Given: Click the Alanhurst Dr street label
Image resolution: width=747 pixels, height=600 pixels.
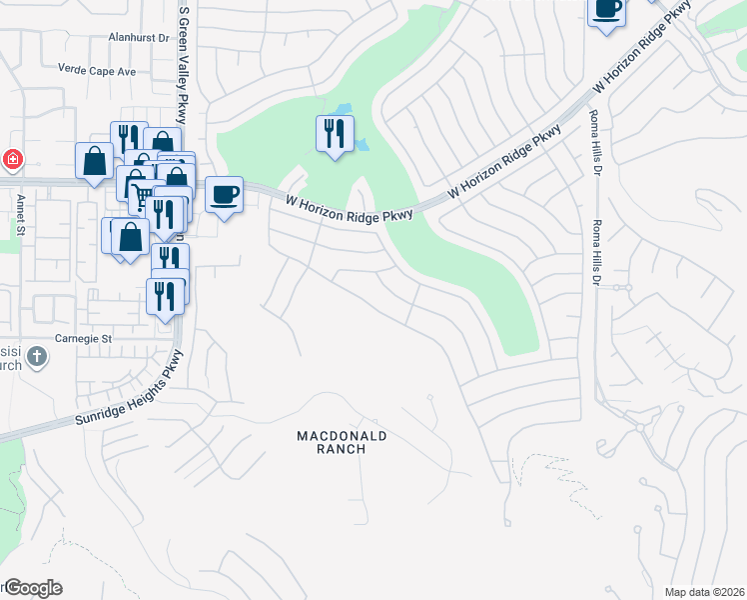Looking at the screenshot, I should point(139,38).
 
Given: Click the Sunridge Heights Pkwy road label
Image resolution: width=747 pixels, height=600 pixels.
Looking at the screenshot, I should point(130,391).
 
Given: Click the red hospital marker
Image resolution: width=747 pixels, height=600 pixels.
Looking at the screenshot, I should point(11,159).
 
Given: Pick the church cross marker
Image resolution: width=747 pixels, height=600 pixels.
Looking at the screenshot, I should point(36,356).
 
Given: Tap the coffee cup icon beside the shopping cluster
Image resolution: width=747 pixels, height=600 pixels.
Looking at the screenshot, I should point(224,193).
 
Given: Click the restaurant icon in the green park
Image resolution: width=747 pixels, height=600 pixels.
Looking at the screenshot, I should point(335,133).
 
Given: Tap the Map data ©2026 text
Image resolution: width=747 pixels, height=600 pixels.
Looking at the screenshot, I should point(704,592).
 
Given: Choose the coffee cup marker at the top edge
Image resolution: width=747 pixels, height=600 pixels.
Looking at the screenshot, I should point(606,10).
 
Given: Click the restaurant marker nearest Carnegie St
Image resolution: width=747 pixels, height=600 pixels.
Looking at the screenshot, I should point(165,295).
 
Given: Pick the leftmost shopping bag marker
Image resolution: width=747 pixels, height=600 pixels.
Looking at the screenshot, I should point(94,160).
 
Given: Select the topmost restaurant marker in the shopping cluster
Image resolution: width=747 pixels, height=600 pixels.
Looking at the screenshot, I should point(126,137).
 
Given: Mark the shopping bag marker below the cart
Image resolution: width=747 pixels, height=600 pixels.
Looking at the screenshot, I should point(131,236).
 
